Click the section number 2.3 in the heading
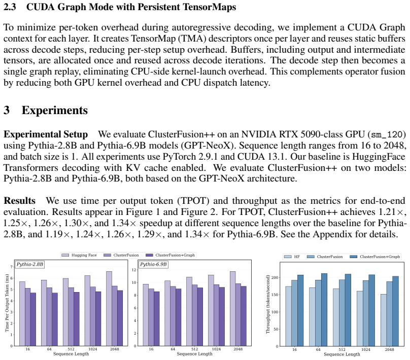pos(10,7)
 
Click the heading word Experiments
pos(55,111)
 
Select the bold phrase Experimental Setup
pos(46,134)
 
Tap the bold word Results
pos(19,201)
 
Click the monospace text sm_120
pos(387,134)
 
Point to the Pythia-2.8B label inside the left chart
pos(29,264)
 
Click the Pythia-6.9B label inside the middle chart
pos(153,264)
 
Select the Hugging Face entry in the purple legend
pos(79,255)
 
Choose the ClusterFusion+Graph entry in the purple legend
pos(170,255)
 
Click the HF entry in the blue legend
pos(292,257)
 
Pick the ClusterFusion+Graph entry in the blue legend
pos(375,257)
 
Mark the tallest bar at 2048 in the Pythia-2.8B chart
pos(109,308)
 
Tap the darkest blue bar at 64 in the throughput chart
pos(324,310)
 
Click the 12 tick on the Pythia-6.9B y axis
pos(134,270)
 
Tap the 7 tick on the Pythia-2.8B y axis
pos(12,267)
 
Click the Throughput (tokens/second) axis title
pos(268,304)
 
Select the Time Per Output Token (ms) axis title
pos(7,303)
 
